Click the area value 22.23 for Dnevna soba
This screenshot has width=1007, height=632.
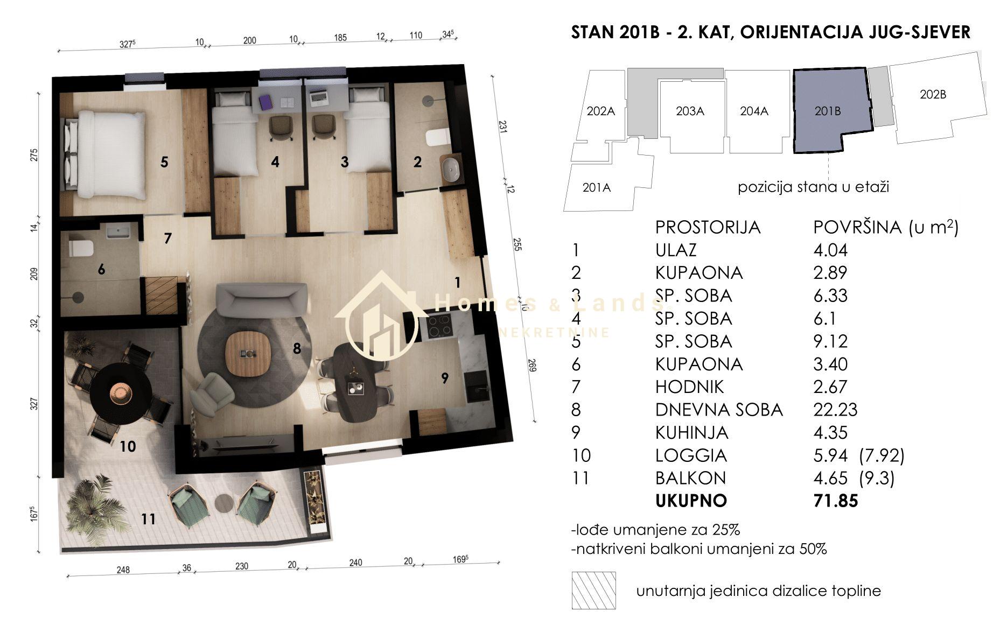[x=835, y=410]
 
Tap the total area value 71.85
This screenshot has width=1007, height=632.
[x=835, y=501]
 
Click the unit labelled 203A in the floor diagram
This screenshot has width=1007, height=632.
[x=690, y=111]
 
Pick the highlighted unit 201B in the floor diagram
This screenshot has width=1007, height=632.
[x=828, y=111]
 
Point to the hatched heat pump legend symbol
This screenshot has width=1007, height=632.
[x=593, y=591]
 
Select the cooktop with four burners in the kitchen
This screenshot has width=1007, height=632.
[x=440, y=325]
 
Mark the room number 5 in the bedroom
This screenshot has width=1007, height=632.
[x=164, y=161]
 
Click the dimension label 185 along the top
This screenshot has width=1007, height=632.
[x=340, y=38]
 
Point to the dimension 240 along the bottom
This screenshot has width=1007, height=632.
[x=355, y=563]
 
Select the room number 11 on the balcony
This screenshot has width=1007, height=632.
[x=148, y=519]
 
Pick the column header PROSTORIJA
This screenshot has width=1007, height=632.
[x=708, y=227]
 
